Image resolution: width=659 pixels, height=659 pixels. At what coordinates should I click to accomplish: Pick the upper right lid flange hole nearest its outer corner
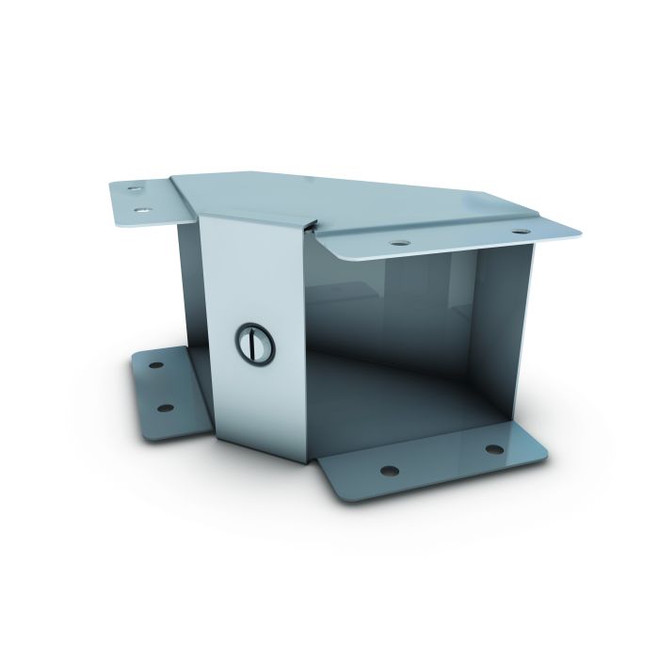point(518,231)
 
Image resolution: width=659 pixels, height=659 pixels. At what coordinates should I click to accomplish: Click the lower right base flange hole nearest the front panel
point(384,468)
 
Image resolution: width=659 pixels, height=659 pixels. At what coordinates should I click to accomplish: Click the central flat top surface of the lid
point(311,193)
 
